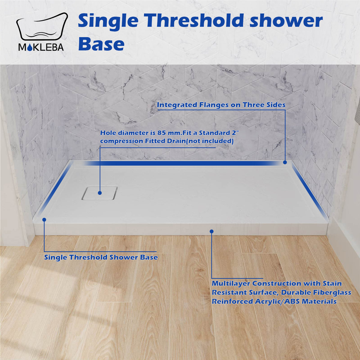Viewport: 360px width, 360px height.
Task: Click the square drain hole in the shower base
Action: pos(100,193)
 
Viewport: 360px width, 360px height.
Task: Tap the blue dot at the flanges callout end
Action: pos(285,162)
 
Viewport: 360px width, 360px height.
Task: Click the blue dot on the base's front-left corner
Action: pos(44,220)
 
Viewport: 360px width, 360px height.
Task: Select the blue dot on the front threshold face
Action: pos(211,231)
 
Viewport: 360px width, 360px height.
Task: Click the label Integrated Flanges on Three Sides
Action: pos(221,105)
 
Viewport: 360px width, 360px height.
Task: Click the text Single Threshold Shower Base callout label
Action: pos(101,257)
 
